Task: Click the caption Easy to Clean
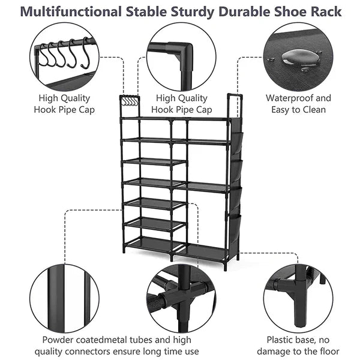tap(298, 110)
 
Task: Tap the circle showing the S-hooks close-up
tap(64, 58)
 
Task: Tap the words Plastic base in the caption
tap(292, 339)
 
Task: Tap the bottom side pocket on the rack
tap(235, 227)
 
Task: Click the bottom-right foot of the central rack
tap(226, 266)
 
